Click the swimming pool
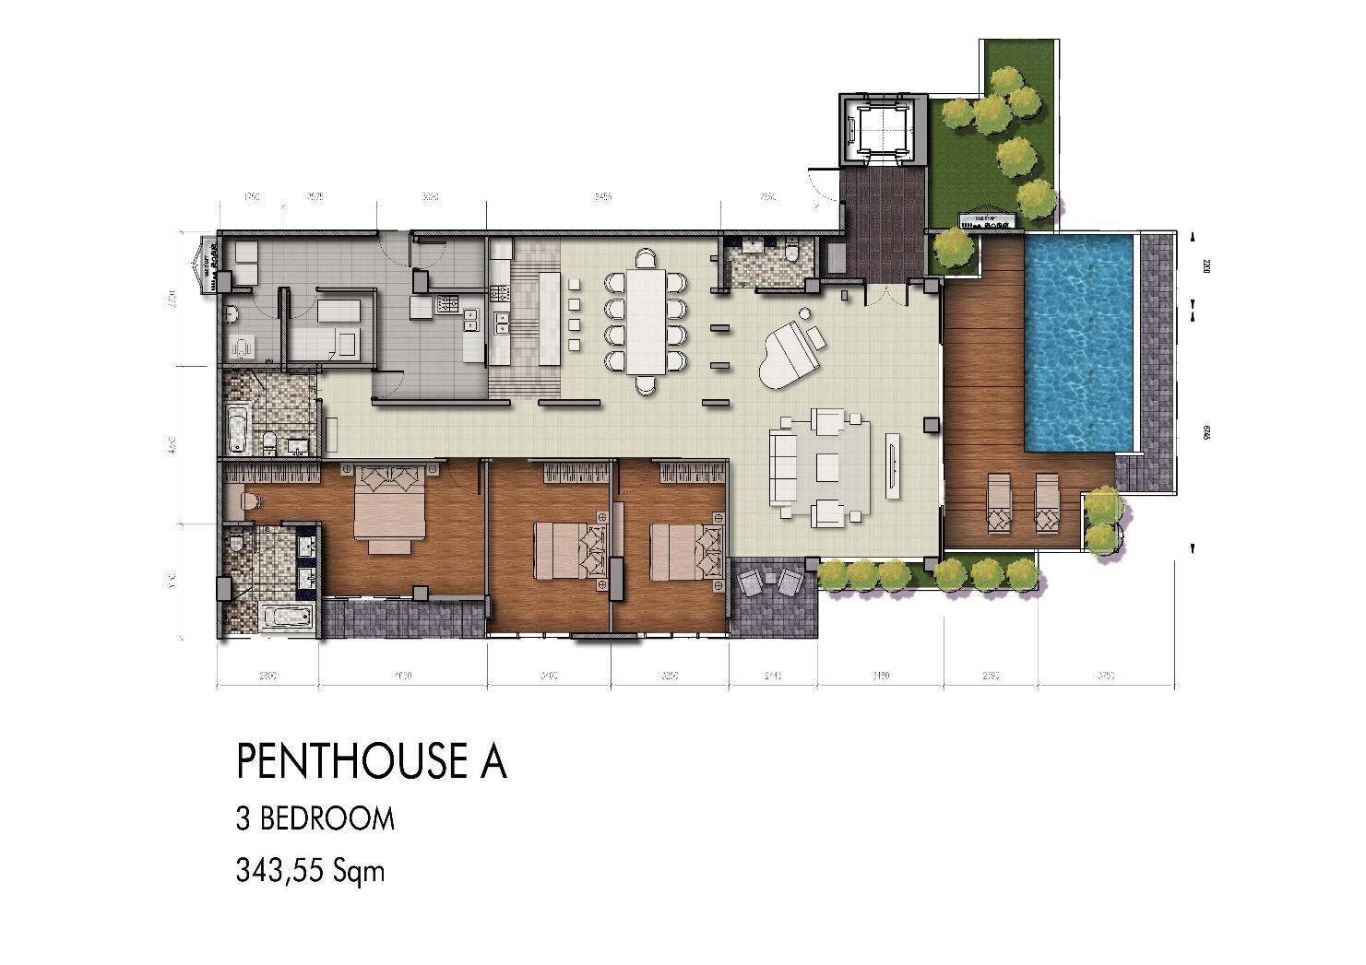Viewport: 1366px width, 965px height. pos(1078,341)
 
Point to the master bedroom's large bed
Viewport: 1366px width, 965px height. pos(391,510)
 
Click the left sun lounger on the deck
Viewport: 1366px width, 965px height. pos(999,503)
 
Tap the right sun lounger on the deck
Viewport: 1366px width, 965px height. pos(1047,503)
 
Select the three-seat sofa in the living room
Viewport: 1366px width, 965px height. pos(785,466)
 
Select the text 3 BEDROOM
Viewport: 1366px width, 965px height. pos(315,818)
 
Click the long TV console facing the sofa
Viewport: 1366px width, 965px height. pos(893,465)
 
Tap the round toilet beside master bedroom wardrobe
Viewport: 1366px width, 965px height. pos(248,501)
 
